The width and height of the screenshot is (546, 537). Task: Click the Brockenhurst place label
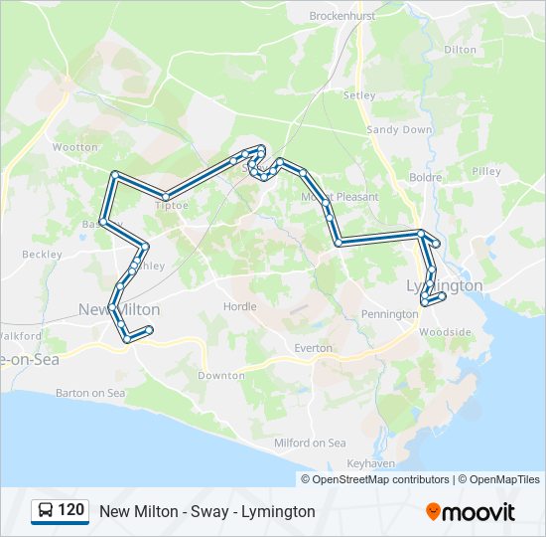342,16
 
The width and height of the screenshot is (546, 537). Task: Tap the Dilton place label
460,49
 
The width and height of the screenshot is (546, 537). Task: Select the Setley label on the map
359,95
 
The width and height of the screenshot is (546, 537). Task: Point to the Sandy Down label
399,130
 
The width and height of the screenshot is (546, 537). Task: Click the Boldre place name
425,177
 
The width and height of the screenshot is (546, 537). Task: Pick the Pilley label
486,171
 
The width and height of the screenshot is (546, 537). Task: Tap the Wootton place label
75,147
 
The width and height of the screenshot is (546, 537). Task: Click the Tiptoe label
171,205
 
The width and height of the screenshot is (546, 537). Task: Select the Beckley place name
42,255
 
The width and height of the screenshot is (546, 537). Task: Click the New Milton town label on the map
118,309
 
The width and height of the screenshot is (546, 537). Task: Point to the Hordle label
240,307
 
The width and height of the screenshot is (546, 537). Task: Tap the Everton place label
313,348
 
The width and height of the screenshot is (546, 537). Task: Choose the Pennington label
389,314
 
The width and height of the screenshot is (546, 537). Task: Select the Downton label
221,376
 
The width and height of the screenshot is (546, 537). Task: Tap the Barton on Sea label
90,393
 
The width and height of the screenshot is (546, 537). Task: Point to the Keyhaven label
371,463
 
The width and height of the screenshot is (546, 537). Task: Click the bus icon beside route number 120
46,511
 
